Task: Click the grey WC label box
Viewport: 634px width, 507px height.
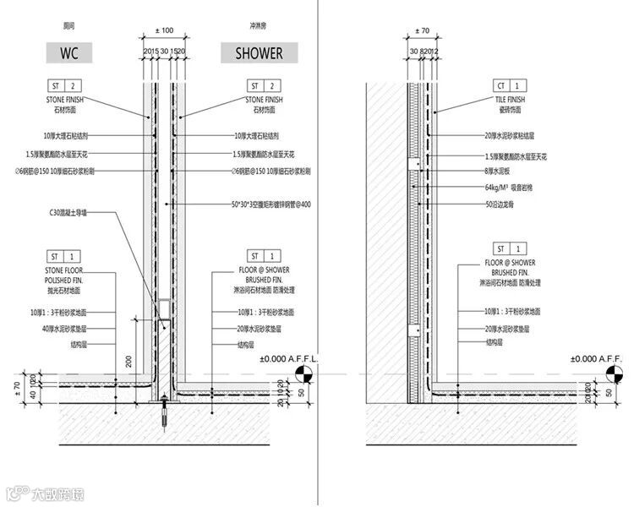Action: pos(69,53)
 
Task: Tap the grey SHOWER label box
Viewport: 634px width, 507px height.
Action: pos(259,53)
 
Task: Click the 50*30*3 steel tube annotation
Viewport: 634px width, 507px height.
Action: pos(271,204)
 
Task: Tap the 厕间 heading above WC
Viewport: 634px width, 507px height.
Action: pos(69,26)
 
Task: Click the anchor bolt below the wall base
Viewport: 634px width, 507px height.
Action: pos(164,416)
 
